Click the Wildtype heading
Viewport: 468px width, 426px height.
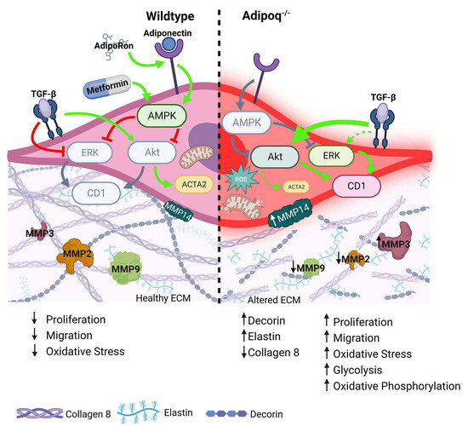(185, 15)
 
